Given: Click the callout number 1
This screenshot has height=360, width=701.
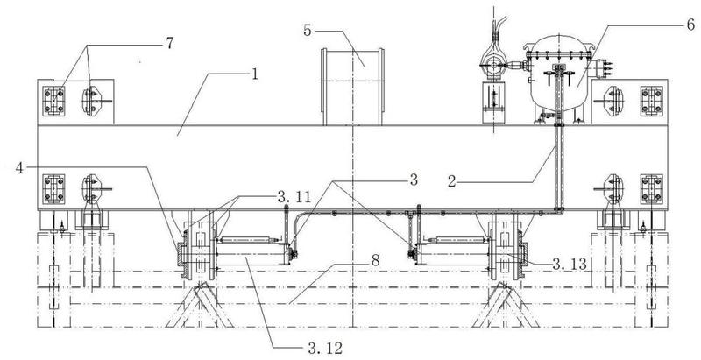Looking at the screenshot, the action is point(254,74).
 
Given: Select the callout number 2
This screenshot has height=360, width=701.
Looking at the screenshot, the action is point(452,182).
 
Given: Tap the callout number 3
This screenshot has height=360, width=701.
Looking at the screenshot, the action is point(414,180).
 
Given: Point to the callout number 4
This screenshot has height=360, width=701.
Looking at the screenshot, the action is point(19,168).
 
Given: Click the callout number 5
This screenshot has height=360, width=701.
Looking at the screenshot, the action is point(308,31).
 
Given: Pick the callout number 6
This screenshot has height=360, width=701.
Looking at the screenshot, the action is point(691,25).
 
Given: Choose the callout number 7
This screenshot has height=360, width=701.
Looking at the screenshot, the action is point(169,43).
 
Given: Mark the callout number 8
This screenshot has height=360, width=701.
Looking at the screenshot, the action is point(376,260).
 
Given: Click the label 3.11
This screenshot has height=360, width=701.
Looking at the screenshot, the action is point(293,196).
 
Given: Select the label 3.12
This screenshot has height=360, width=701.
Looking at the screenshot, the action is point(325,348).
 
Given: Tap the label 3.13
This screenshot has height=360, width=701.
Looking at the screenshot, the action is point(570,265).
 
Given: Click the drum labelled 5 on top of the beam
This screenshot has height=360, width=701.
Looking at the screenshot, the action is point(352,87).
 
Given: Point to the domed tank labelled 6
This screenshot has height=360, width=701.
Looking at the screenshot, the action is point(559,78).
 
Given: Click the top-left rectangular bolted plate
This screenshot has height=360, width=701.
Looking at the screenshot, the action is point(53,102).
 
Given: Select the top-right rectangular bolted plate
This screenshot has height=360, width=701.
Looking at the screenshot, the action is point(651,102).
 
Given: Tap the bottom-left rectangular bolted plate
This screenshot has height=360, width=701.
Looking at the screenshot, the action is point(53,189).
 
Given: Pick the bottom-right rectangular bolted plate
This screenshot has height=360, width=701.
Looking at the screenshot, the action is point(651,189).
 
